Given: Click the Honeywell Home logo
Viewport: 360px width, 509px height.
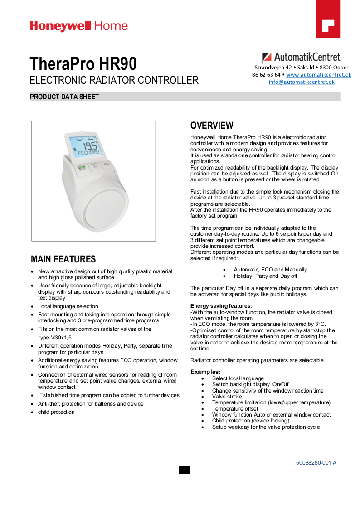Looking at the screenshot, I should (79, 26).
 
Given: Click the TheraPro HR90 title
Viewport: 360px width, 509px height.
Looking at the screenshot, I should (83, 63).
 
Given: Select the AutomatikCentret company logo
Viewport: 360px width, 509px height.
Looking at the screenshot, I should (301, 58).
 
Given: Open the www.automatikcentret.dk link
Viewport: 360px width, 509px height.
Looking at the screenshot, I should (318, 75).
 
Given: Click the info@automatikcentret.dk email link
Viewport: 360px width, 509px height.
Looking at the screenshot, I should (302, 82).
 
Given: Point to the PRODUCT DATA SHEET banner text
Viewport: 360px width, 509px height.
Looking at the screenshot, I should (64, 97).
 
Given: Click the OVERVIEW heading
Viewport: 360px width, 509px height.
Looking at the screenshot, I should (212, 126).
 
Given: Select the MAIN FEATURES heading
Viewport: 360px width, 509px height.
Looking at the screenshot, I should (63, 259).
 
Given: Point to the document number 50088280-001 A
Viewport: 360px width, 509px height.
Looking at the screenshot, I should (316, 463).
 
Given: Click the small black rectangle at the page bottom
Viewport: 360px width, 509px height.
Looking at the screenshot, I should (184, 470).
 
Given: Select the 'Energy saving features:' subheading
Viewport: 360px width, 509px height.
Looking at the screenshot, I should (221, 306).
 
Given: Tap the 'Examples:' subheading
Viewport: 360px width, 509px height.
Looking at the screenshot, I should (205, 372).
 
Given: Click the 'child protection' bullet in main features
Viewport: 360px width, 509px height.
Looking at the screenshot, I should (56, 412).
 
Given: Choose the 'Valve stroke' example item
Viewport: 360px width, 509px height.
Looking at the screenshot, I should (227, 397).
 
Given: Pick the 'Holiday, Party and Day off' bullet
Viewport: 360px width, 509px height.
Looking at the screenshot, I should (265, 276).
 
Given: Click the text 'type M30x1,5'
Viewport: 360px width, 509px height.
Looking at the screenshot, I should (55, 338).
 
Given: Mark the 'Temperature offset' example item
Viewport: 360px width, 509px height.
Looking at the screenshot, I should (234, 409).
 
